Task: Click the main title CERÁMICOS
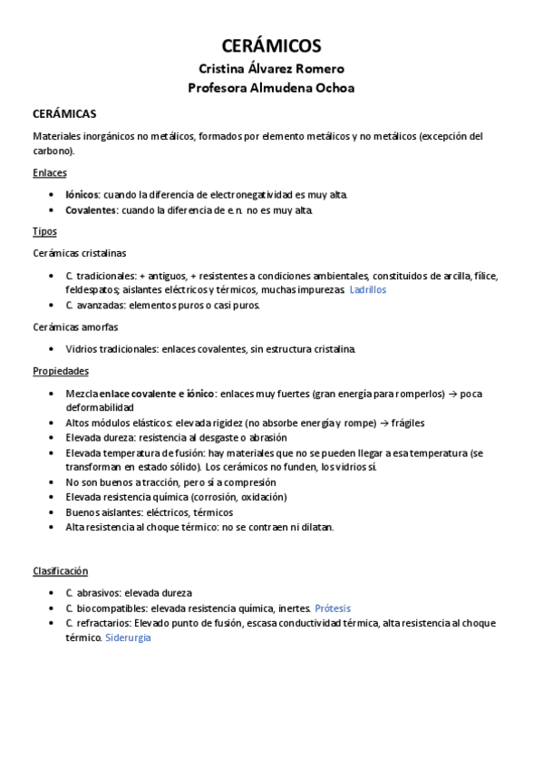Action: tap(271, 46)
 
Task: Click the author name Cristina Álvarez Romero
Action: tap(271, 69)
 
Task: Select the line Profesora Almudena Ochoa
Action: tap(271, 88)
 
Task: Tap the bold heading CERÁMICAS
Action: tap(64, 114)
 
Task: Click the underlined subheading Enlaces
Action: tap(49, 172)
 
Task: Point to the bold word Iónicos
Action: tap(82, 195)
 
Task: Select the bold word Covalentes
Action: tap(92, 210)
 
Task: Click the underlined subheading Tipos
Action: tap(44, 231)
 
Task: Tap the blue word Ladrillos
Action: tap(368, 289)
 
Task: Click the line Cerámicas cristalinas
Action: tap(80, 253)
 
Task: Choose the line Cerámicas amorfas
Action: tap(75, 326)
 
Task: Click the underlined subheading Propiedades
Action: tap(60, 371)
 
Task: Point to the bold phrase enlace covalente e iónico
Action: tap(158, 394)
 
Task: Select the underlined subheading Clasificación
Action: tap(60, 570)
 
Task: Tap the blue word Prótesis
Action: tap(333, 608)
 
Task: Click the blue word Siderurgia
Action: tap(128, 638)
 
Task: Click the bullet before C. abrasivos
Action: tap(49, 593)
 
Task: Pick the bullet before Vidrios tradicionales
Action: tap(49, 349)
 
